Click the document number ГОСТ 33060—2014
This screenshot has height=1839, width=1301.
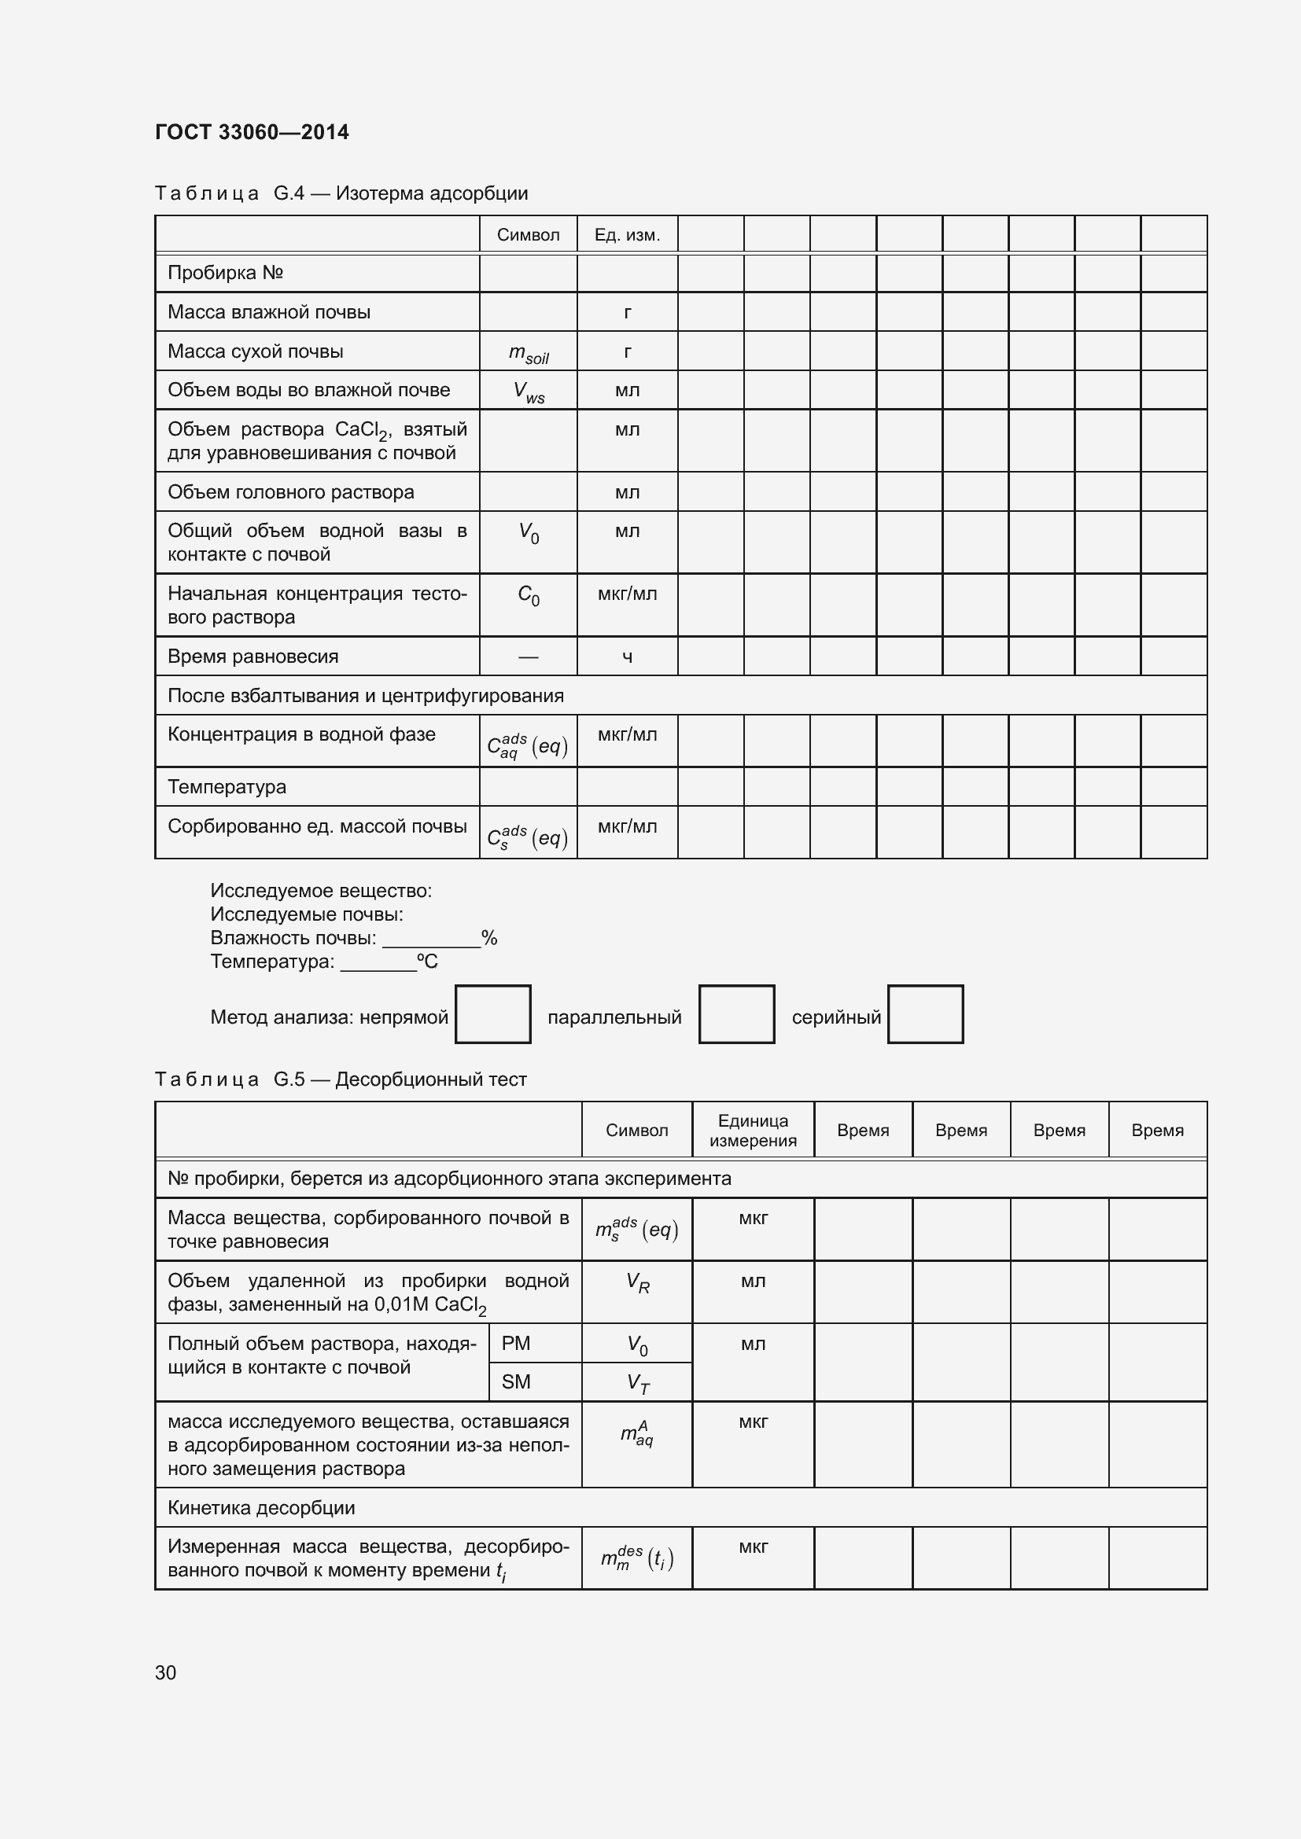tap(252, 132)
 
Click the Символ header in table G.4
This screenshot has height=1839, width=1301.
tap(528, 234)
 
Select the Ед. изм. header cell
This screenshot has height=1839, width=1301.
tap(626, 234)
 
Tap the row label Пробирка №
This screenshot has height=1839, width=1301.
tap(225, 273)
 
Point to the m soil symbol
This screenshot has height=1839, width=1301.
tap(528, 353)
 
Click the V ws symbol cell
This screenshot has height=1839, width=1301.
tap(528, 392)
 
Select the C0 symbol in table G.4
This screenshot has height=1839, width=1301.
tap(528, 595)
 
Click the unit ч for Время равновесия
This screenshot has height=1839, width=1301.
tap(626, 657)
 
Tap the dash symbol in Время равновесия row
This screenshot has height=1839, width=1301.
tap(528, 657)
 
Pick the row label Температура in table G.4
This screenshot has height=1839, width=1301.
tap(227, 787)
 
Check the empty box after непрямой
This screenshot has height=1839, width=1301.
tap(492, 1014)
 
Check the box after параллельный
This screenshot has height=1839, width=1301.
tap(736, 1014)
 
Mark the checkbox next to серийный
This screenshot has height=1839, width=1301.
tap(925, 1014)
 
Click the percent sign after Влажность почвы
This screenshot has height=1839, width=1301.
tap(488, 938)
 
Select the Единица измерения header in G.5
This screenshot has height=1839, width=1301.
tap(752, 1130)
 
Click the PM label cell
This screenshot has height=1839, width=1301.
tap(516, 1343)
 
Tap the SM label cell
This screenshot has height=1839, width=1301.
tap(516, 1381)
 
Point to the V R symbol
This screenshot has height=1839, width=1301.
tap(637, 1283)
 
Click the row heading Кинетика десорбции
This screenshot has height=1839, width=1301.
tap(261, 1507)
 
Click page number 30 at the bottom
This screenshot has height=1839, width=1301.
tap(166, 1672)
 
